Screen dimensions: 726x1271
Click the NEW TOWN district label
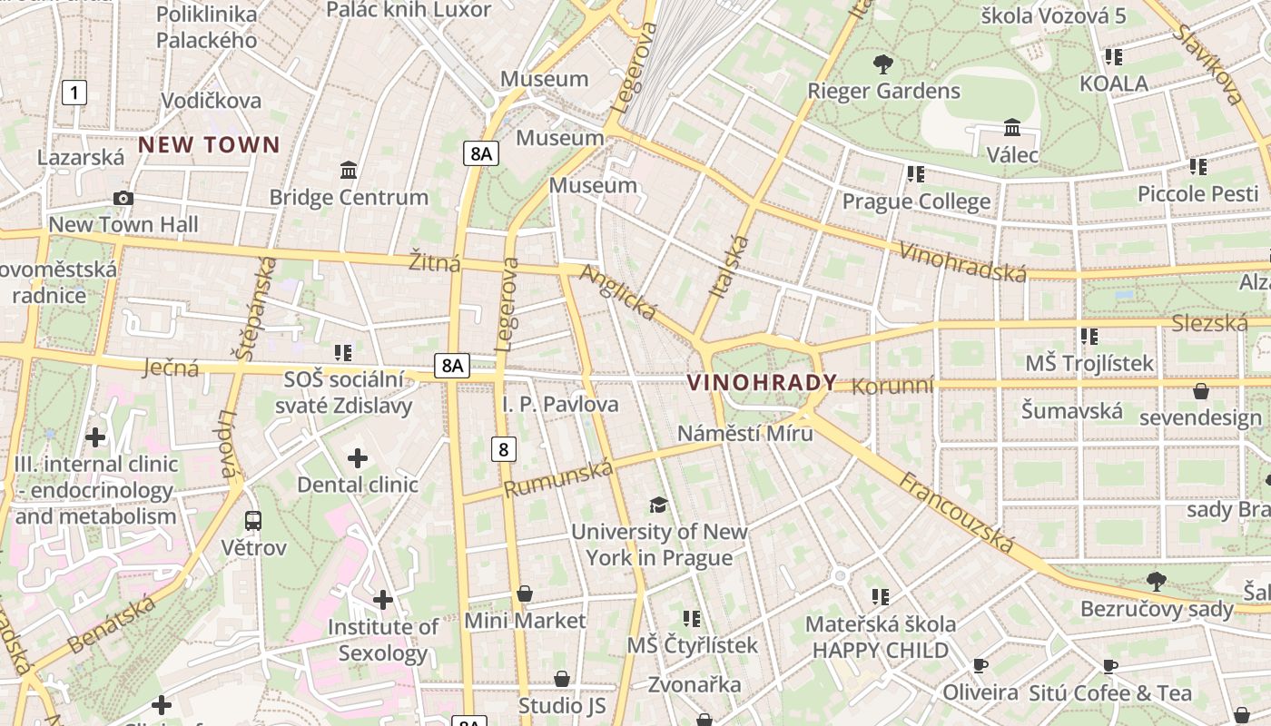209,144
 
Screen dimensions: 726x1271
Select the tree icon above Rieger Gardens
882,64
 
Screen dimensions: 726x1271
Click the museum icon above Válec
1012,128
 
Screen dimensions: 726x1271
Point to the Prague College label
916,201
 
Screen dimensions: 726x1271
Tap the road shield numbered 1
74,92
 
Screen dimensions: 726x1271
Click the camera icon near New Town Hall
123,198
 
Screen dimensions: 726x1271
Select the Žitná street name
434,263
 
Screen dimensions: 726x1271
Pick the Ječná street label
172,368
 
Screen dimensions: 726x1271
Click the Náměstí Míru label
744,433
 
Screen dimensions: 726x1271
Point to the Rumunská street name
558,478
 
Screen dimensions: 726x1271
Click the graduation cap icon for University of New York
658,505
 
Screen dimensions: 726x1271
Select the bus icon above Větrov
253,521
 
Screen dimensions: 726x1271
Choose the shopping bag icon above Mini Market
525,594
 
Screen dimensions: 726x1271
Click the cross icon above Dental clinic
358,458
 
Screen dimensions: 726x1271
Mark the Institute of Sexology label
382,640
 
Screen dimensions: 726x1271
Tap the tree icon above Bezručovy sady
1156,581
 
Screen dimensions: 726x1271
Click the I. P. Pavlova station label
560,404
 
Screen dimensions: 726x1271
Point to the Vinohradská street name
961,262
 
